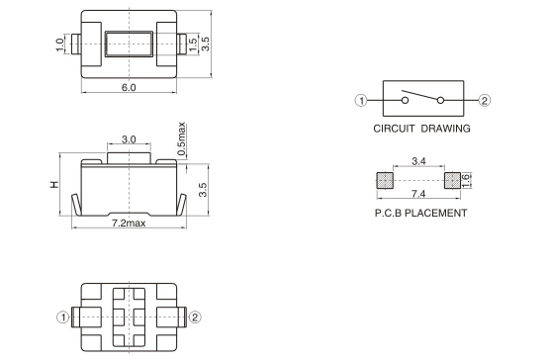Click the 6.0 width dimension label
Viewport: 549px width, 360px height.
[129, 88]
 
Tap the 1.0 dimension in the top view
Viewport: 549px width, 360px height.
[60, 45]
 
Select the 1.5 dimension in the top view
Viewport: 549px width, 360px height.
[193, 45]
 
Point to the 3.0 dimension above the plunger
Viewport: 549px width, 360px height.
[129, 139]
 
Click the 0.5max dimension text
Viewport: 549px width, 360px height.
[181, 138]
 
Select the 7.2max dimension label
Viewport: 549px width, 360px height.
[129, 224]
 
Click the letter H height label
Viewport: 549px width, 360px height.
[54, 185]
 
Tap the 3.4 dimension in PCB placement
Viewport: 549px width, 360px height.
[418, 161]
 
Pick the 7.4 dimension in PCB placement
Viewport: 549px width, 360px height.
[418, 194]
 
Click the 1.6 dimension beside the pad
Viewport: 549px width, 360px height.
[466, 181]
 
